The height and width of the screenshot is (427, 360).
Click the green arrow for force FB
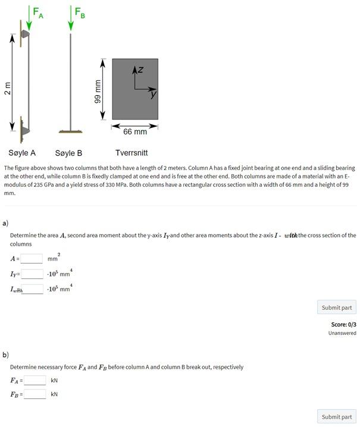coord(71,17)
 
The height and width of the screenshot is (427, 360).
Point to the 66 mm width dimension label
coord(135,131)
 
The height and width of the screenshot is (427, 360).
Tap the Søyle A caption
coord(22,153)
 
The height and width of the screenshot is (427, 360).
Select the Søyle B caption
coord(68,153)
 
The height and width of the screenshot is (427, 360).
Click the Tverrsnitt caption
coord(132,153)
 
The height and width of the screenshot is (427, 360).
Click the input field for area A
coord(32,259)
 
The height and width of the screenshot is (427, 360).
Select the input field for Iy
coord(32,274)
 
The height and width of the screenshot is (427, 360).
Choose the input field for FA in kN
coord(35,381)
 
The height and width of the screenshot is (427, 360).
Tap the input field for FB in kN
coord(35,394)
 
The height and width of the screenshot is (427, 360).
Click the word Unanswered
coord(342,333)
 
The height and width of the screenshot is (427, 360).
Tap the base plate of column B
coord(71,131)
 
